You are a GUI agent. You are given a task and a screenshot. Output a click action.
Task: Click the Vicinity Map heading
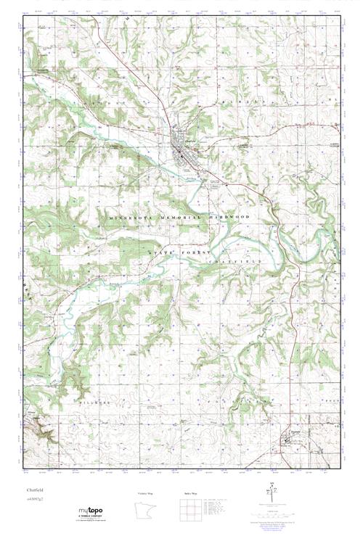click(x=146, y=493)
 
